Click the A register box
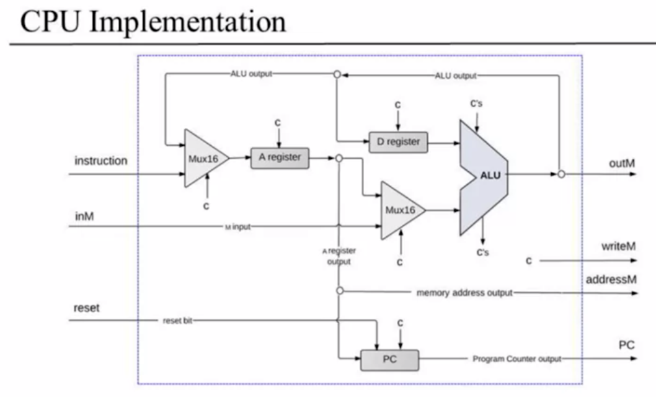click(279, 158)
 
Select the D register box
click(398, 142)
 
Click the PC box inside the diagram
click(389, 360)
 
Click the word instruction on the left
click(101, 161)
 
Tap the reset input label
click(87, 308)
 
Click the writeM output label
click(619, 246)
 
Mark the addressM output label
click(611, 280)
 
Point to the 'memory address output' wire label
click(464, 293)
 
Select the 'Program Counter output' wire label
click(516, 359)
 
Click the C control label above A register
click(278, 123)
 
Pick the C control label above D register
click(397, 105)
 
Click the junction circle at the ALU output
click(561, 174)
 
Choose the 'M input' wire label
click(238, 227)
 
